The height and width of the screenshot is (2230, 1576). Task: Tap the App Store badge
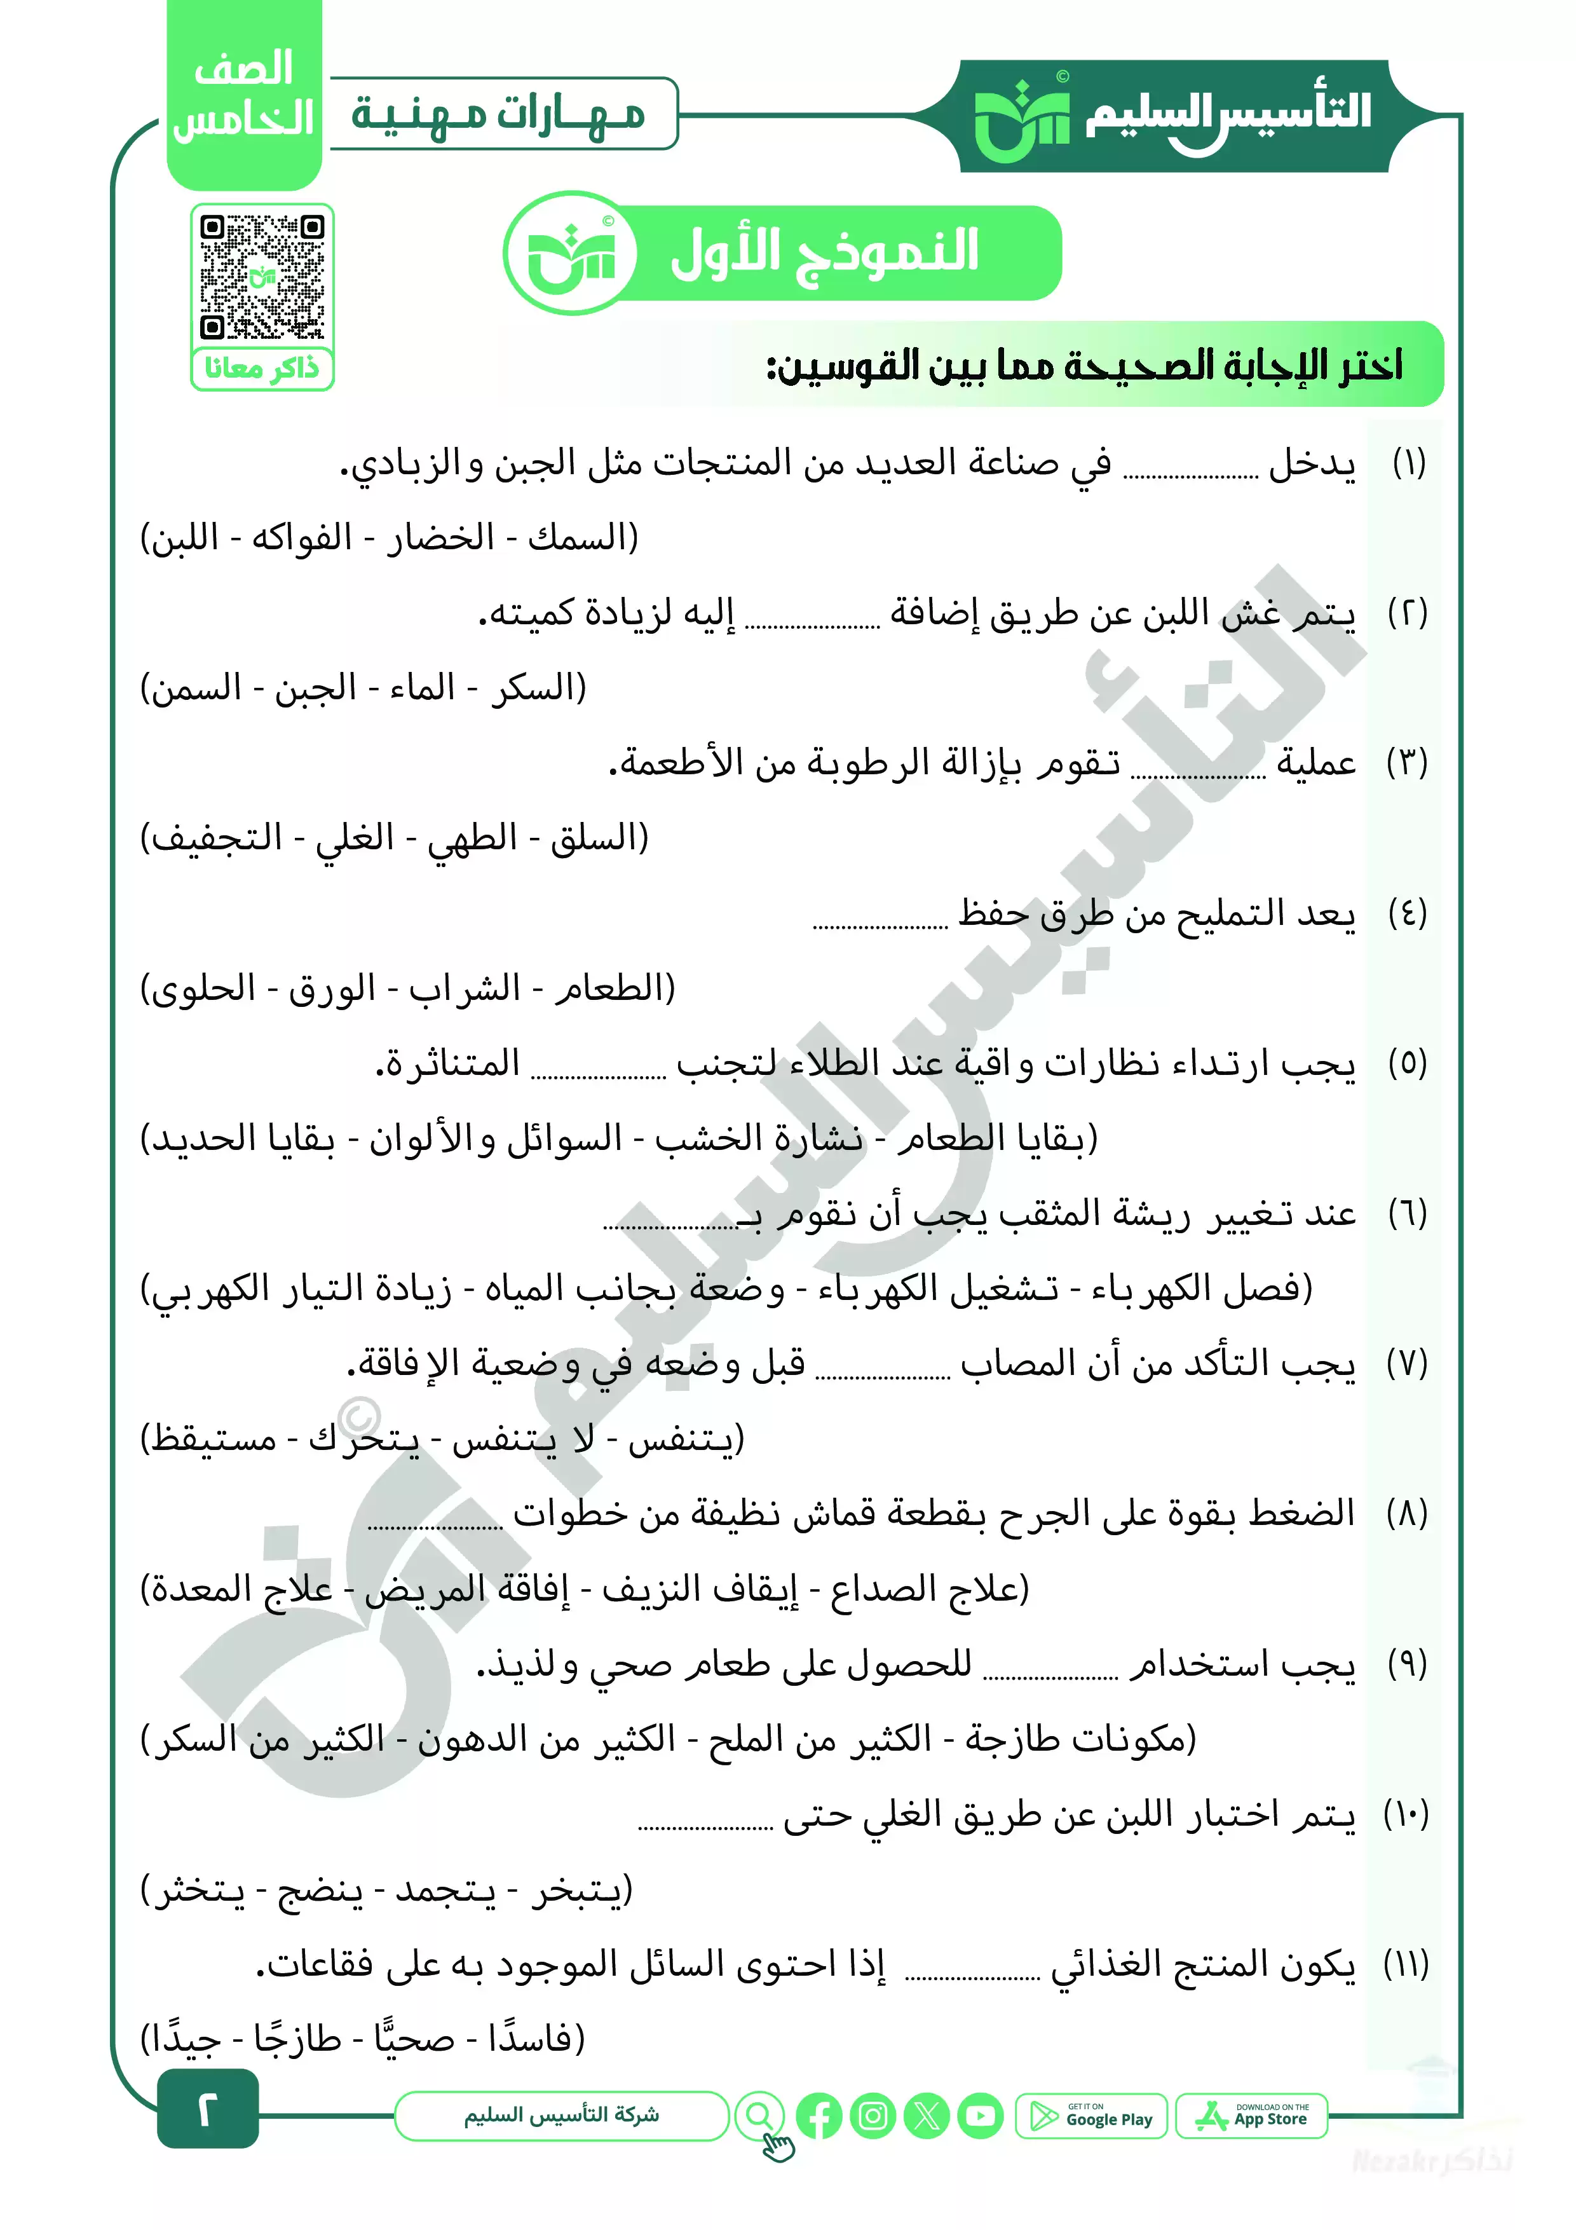tap(1252, 2116)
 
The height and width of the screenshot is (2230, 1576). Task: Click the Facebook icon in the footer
tap(819, 2116)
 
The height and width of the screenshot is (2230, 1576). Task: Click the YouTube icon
tap(980, 2116)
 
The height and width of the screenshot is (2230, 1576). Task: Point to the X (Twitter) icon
tap(927, 2116)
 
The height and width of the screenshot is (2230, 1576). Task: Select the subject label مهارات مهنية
tap(499, 114)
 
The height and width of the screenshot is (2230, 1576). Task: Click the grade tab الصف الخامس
tap(244, 95)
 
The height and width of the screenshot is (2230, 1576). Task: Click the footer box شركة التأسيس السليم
tap(561, 2116)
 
